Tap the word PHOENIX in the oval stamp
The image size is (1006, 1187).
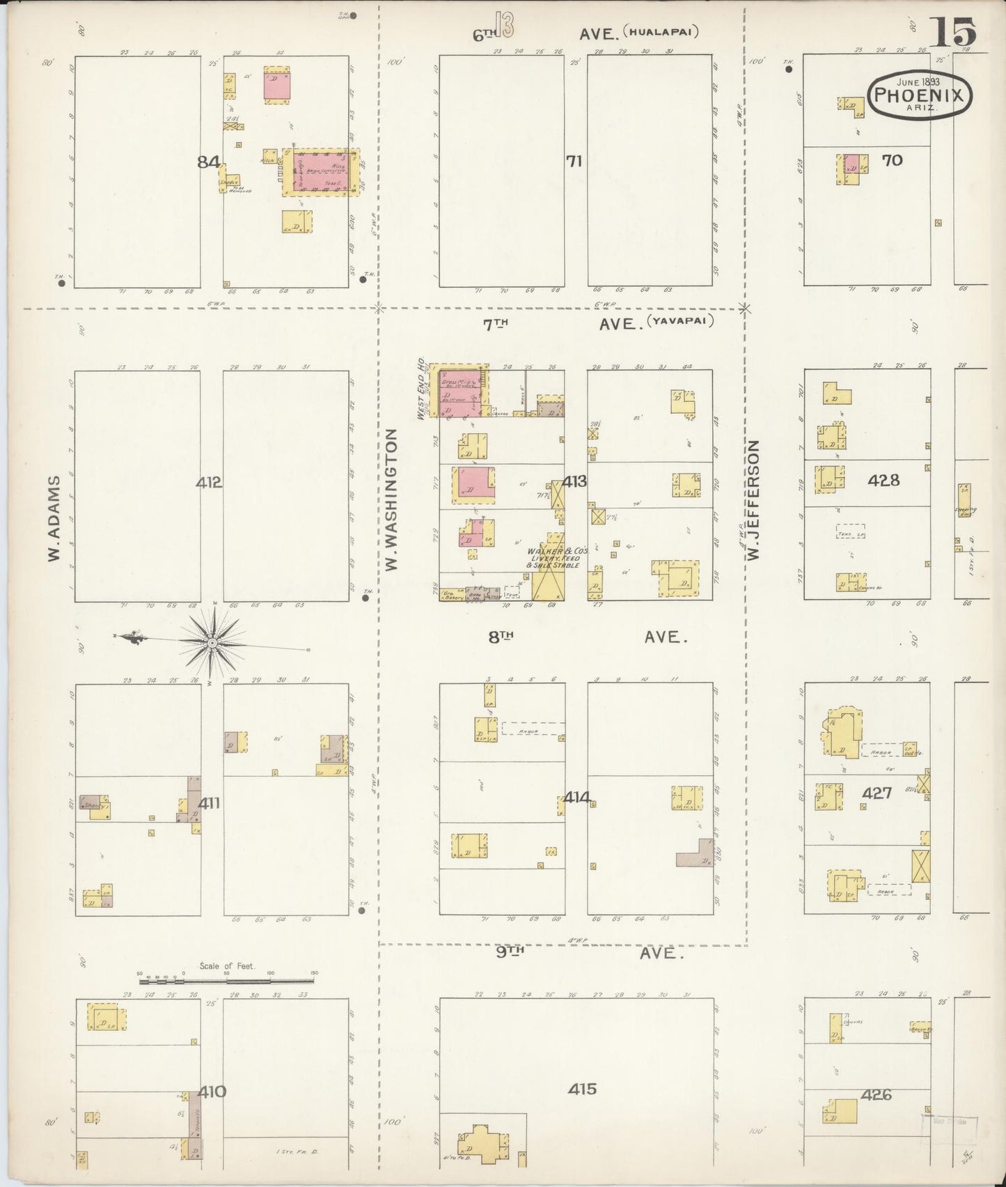(x=920, y=95)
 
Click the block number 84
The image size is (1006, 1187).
(x=208, y=162)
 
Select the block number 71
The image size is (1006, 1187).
(x=574, y=162)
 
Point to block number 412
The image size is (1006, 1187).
(x=209, y=482)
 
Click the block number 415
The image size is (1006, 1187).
(x=582, y=1089)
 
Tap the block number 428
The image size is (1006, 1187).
(x=883, y=480)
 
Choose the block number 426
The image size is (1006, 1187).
(x=876, y=1095)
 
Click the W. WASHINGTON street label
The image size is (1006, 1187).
(x=392, y=501)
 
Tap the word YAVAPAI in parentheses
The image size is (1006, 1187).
(x=680, y=322)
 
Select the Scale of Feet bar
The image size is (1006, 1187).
(x=227, y=981)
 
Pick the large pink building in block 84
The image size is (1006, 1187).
(x=321, y=171)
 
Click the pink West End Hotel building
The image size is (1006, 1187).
(x=459, y=390)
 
